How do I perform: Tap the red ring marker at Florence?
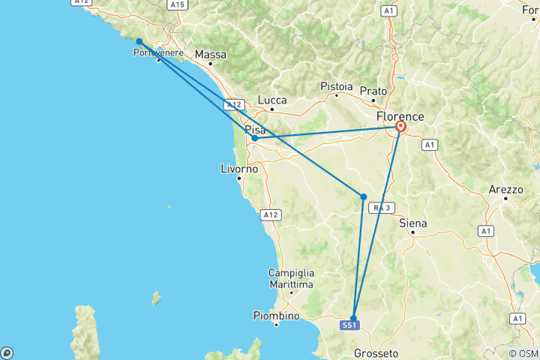401,127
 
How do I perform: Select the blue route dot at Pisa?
255,138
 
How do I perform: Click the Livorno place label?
240,169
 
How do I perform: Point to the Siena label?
413,223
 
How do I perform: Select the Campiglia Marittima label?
292,279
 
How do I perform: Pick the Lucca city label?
272,99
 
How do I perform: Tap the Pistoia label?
337,86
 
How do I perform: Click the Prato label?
373,91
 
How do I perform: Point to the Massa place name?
210,55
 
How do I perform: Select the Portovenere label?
158,52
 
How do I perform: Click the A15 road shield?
177,4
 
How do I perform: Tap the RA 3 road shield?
383,208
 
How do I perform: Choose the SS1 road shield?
350,325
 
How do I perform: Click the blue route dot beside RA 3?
364,197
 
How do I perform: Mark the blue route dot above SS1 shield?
353,318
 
